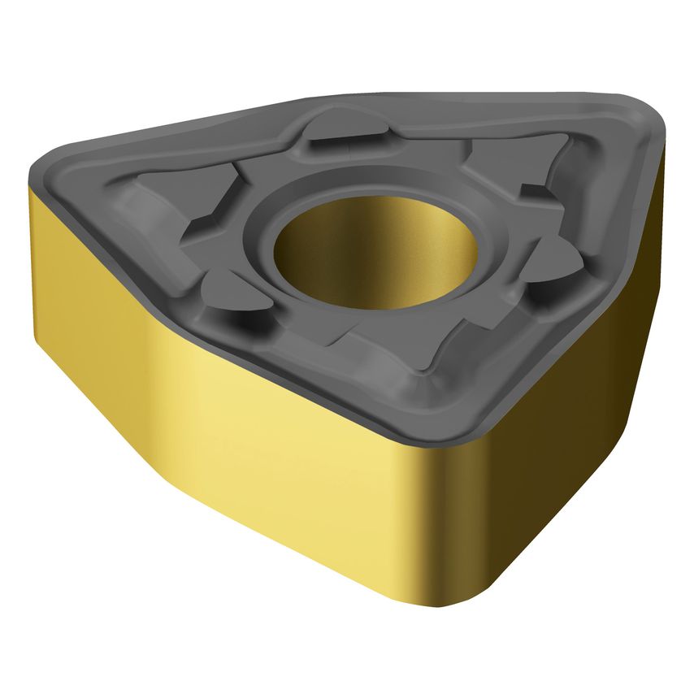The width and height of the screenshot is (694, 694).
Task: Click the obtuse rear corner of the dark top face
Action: [325, 98]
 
